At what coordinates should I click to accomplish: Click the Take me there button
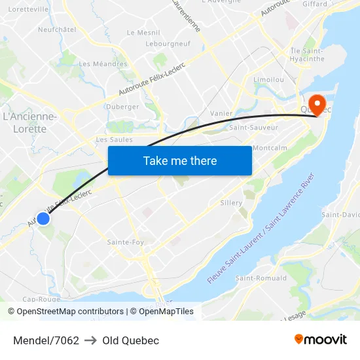tap(180, 160)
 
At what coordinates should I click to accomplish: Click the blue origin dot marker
tap(43, 219)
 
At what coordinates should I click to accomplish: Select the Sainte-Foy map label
tap(125, 242)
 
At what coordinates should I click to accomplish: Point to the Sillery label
tap(232, 203)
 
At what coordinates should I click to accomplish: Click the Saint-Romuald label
tap(261, 278)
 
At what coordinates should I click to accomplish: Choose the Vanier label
tap(221, 113)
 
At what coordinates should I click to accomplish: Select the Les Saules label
tap(114, 139)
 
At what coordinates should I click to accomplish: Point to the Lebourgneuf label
tap(168, 43)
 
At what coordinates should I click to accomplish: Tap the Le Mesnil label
tap(143, 32)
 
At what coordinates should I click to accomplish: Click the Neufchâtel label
tap(57, 29)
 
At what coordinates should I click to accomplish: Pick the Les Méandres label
tap(103, 64)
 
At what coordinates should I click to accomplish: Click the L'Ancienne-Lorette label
tap(30, 123)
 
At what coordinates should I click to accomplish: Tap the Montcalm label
tap(270, 148)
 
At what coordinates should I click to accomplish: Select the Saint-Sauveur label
tap(253, 128)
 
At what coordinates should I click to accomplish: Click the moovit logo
tap(321, 340)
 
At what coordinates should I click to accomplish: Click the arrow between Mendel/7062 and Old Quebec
tap(90, 340)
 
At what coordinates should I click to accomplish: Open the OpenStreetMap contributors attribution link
tap(70, 312)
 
